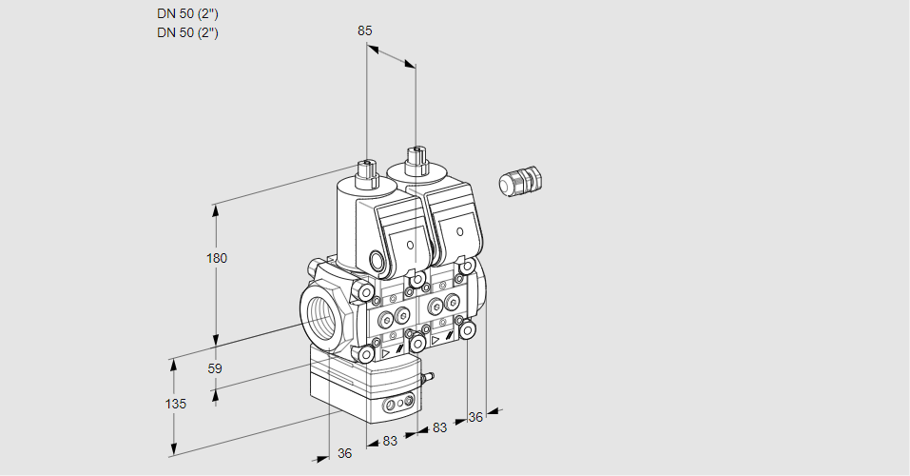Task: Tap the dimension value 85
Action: (364, 30)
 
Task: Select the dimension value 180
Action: (217, 258)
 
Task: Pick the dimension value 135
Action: (175, 404)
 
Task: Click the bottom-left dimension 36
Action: (344, 453)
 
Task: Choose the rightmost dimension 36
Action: (476, 416)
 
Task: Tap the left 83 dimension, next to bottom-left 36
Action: (389, 441)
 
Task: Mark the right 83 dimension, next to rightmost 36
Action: (439, 427)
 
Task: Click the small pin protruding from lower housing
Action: (427, 379)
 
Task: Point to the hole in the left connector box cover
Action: (410, 246)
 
